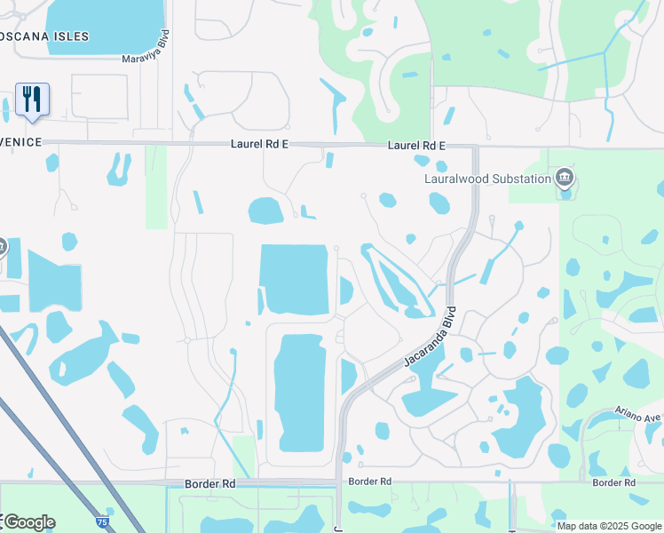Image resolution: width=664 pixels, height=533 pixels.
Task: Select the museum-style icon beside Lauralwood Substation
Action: [x=565, y=179]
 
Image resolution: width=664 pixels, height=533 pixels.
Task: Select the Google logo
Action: [x=28, y=522]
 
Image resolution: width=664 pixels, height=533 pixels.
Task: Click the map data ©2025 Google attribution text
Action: [x=609, y=526]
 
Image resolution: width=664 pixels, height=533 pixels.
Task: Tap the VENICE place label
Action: [x=20, y=142]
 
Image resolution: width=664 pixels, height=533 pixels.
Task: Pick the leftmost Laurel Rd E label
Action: [x=261, y=143]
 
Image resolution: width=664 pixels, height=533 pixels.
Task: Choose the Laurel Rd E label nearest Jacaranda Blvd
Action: [x=415, y=145]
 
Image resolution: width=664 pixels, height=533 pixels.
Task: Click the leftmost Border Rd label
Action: [x=210, y=484]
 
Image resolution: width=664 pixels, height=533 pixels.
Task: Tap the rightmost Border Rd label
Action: [x=613, y=482]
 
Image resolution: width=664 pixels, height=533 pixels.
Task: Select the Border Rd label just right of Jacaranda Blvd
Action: [x=370, y=481]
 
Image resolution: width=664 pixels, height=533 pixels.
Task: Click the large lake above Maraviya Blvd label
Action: [x=105, y=25]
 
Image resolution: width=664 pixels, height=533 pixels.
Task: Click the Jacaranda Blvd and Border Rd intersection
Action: [x=338, y=483]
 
